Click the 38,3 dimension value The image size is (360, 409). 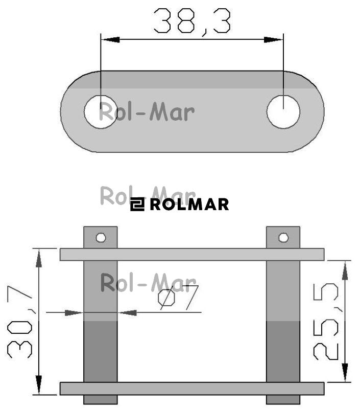(x=192, y=21)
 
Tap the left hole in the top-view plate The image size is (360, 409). (x=101, y=111)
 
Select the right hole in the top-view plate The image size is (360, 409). (x=283, y=111)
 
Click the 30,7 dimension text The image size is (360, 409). (x=20, y=323)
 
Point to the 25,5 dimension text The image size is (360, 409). (x=326, y=322)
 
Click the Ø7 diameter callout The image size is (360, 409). (x=178, y=298)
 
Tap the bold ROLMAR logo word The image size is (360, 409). (x=189, y=204)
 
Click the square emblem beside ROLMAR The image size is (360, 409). (x=137, y=204)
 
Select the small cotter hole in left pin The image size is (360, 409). (x=101, y=238)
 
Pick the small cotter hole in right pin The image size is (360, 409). (x=283, y=238)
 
